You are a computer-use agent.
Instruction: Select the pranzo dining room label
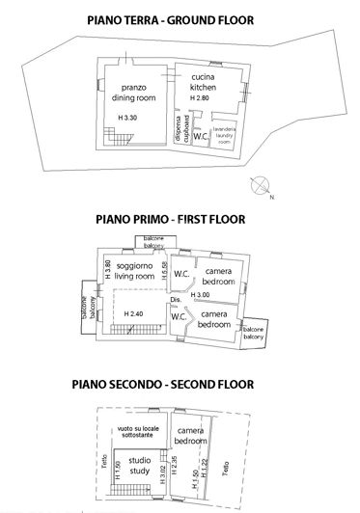(x=133, y=93)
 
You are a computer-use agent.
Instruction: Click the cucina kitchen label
(x=202, y=84)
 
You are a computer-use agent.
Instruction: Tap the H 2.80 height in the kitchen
(x=201, y=99)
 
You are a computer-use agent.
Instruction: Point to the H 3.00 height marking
(x=201, y=294)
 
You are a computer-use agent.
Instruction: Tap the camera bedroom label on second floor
(x=191, y=435)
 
